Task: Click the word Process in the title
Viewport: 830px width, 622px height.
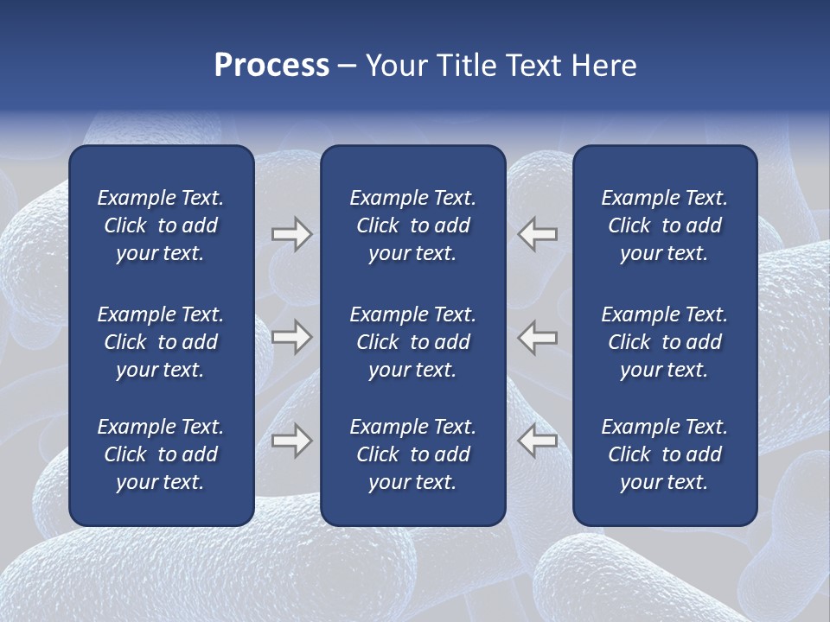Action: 271,66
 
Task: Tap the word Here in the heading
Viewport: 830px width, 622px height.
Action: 603,66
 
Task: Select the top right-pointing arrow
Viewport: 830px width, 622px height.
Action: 291,234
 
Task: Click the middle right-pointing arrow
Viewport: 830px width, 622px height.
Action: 291,337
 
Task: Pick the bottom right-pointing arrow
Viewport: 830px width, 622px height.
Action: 291,441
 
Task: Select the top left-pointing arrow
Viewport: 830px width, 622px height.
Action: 538,234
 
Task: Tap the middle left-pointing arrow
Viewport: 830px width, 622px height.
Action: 538,337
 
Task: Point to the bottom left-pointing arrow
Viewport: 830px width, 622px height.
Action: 538,441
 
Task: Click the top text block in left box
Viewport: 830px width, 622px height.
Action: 161,225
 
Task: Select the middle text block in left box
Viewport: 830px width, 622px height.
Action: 161,342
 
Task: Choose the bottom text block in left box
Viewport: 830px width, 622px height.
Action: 161,454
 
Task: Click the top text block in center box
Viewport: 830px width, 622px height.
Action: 412,225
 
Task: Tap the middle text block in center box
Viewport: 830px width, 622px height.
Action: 412,342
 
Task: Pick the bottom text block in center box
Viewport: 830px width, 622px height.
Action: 412,454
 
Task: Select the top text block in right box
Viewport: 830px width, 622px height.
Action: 664,225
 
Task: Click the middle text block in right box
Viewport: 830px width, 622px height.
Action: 664,342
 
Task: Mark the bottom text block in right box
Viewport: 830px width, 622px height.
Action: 664,454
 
